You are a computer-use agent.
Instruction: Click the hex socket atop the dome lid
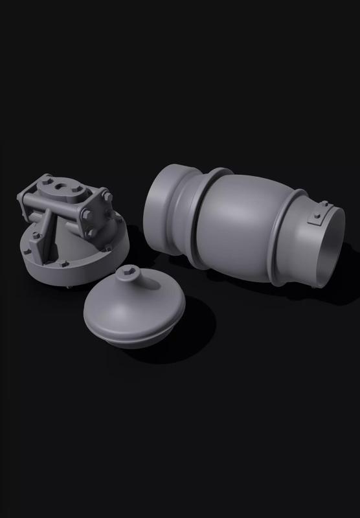tap(131, 275)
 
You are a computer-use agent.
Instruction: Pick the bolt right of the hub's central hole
tap(77, 189)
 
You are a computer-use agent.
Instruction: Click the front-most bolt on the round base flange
tap(65, 264)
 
